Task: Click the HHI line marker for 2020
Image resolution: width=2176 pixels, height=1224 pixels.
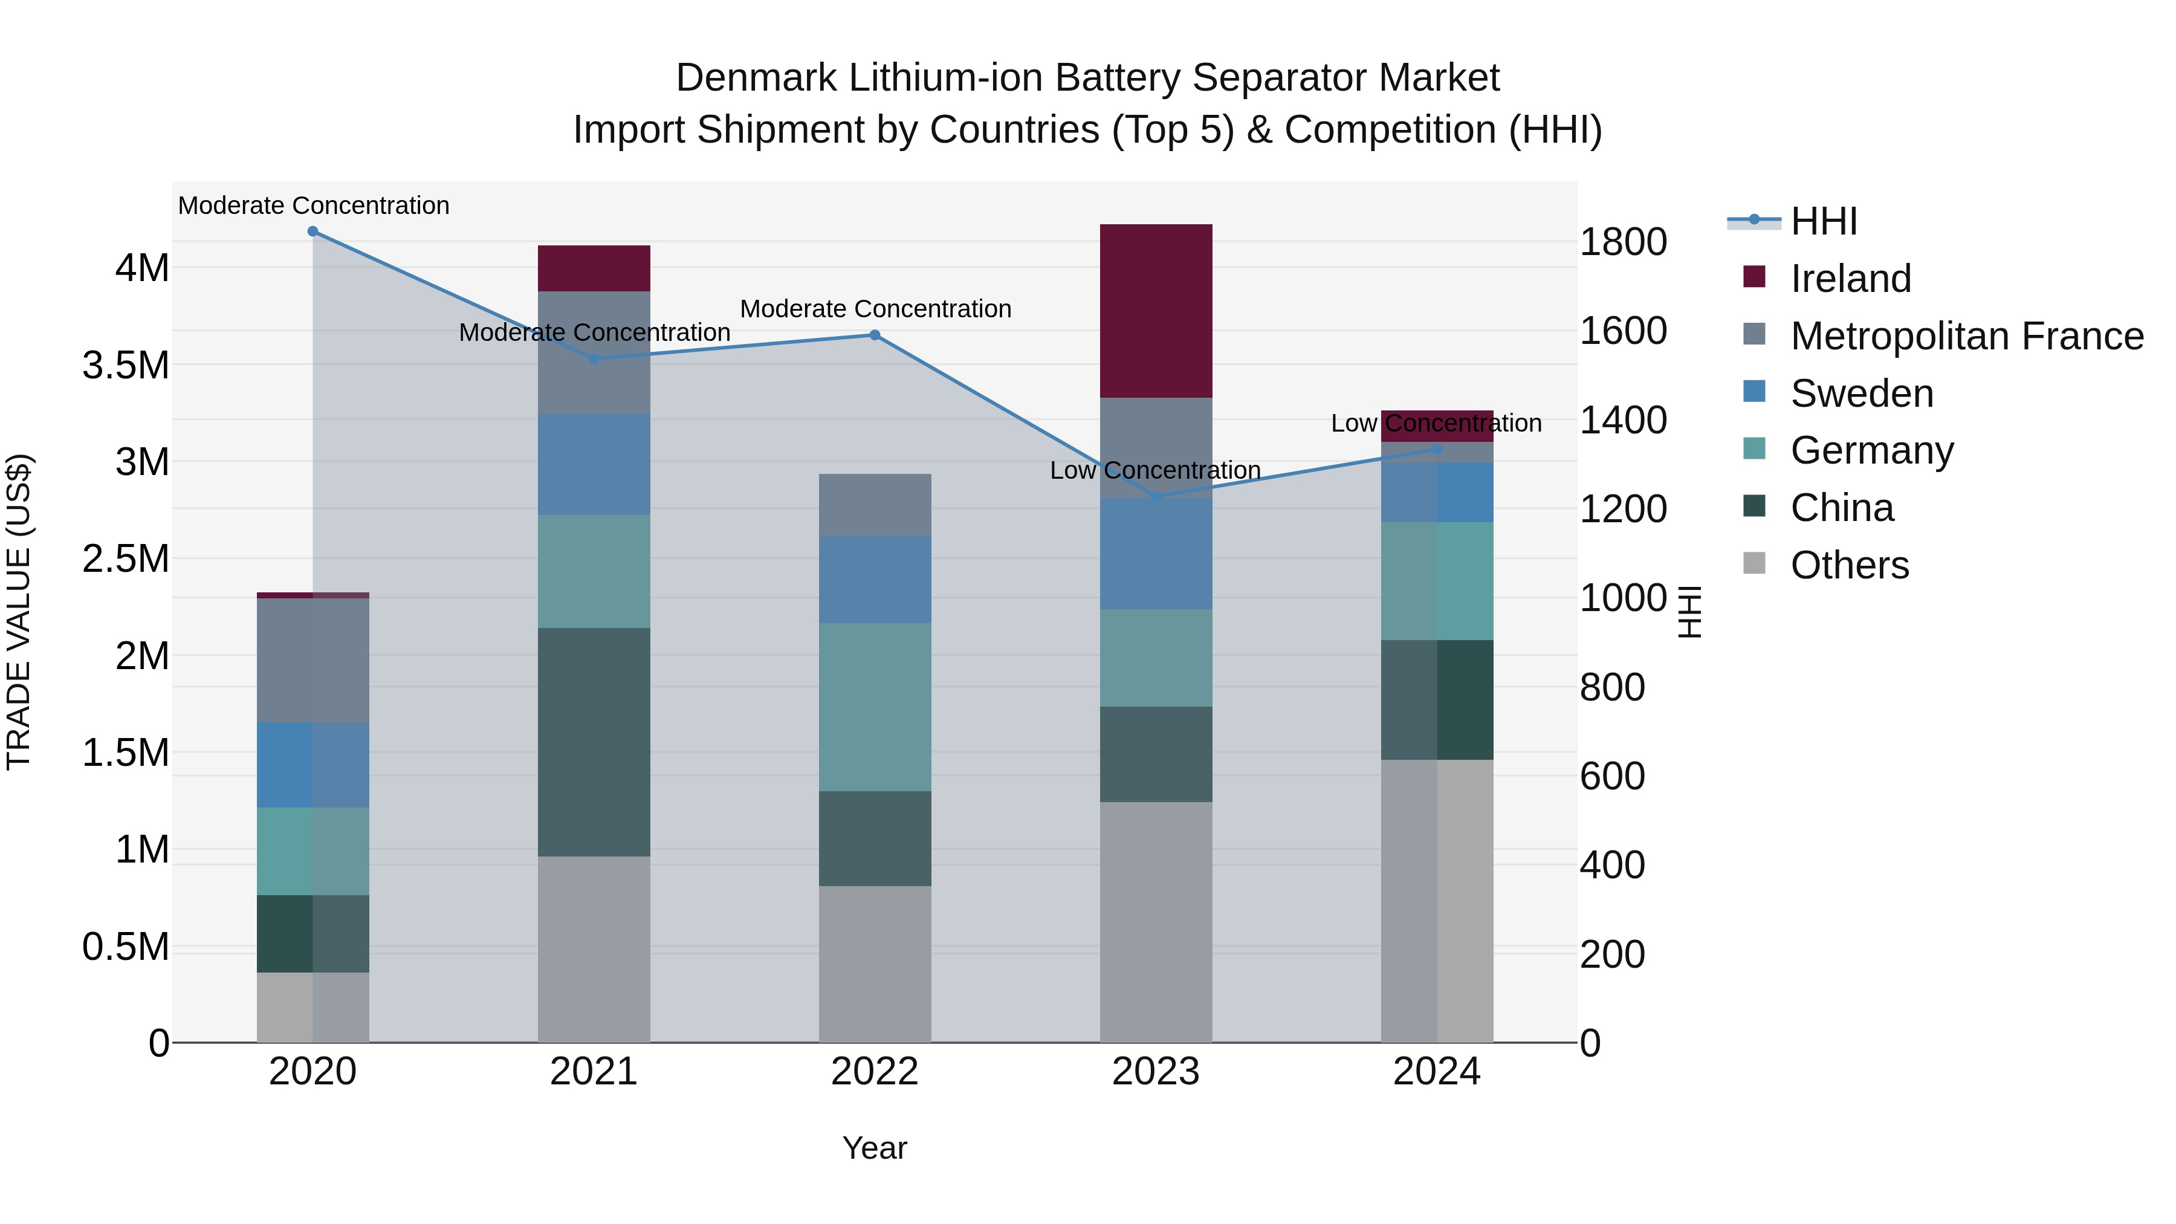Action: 312,232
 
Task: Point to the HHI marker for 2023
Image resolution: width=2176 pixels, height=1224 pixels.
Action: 1156,497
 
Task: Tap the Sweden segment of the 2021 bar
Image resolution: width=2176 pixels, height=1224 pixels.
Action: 594,465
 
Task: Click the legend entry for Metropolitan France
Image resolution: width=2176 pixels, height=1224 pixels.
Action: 1966,335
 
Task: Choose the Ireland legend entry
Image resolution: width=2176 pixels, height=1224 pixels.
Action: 1850,278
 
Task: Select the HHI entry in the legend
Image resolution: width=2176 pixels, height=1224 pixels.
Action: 1823,221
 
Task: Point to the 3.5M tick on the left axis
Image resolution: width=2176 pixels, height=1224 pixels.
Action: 125,366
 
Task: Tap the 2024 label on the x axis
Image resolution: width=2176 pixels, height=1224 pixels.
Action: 1436,1072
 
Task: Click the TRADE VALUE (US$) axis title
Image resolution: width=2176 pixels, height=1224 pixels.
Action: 19,612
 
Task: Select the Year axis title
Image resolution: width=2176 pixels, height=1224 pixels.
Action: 874,1148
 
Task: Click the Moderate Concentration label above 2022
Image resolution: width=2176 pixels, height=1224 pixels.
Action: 875,309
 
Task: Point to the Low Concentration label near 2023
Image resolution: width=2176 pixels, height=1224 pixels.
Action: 1154,470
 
